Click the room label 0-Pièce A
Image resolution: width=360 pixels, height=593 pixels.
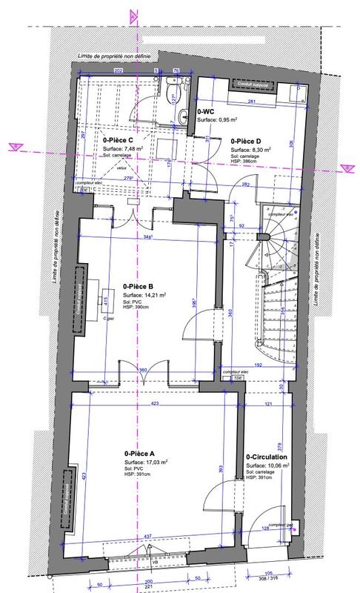coord(139,453)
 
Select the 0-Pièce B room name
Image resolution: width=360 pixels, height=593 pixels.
coord(138,285)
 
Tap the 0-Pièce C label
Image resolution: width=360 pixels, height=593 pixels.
coord(118,139)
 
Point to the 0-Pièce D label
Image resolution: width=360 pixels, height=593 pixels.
coord(245,140)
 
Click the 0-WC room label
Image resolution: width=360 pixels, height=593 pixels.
coord(205,110)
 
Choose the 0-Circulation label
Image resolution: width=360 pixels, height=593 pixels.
coord(267,457)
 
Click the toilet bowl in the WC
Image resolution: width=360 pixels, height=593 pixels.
coord(172,94)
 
